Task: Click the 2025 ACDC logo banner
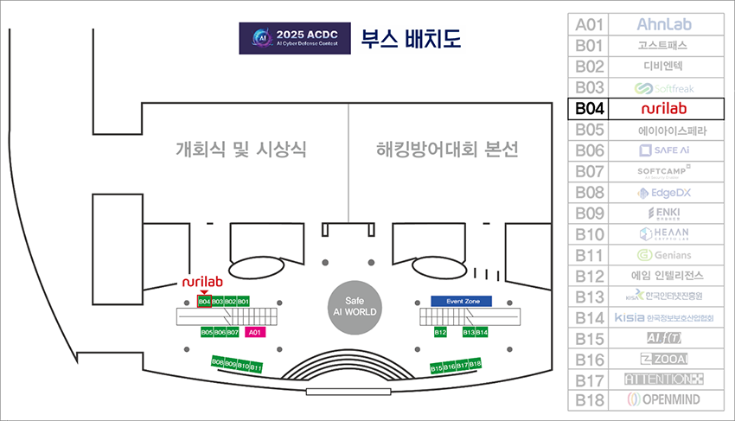pos(295,39)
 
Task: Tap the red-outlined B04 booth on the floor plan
pos(205,301)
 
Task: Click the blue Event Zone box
pos(461,301)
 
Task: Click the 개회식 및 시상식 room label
pos(240,150)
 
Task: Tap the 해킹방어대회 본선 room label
pos(448,150)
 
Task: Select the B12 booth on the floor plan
pos(440,332)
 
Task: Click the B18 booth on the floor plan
pos(475,365)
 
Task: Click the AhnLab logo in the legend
pos(664,24)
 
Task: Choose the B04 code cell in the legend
pos(589,109)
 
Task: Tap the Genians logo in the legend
pos(664,255)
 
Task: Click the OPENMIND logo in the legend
pos(664,399)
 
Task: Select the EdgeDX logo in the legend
pos(664,193)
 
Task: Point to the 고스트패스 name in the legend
pos(664,45)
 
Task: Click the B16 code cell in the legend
pos(589,359)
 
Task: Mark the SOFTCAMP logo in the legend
pos(664,171)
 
